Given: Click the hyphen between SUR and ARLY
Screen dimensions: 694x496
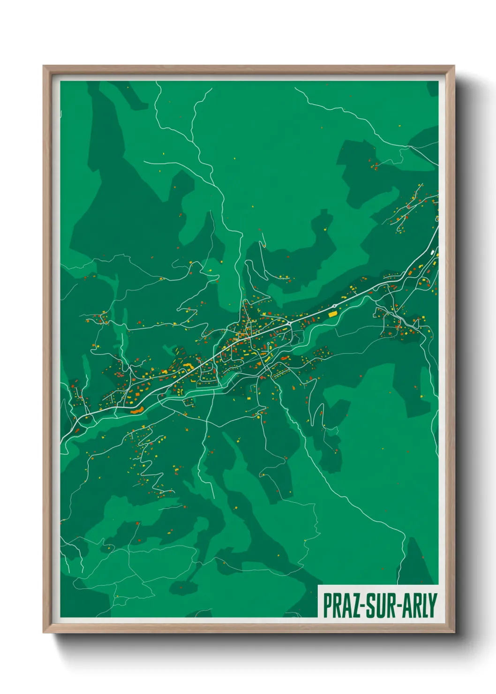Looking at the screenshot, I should click(x=395, y=606).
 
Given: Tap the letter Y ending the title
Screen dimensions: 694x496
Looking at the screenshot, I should click(x=433, y=605).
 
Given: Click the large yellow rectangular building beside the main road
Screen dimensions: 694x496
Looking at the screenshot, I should click(x=333, y=315).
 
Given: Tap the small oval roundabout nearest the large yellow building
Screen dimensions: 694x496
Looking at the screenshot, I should click(x=334, y=306).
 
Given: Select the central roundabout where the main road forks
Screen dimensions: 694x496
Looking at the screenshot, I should click(x=290, y=324).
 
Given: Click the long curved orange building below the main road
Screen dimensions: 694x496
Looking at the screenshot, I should click(x=136, y=411).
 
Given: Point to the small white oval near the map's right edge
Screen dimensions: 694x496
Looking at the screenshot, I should click(x=431, y=253).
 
